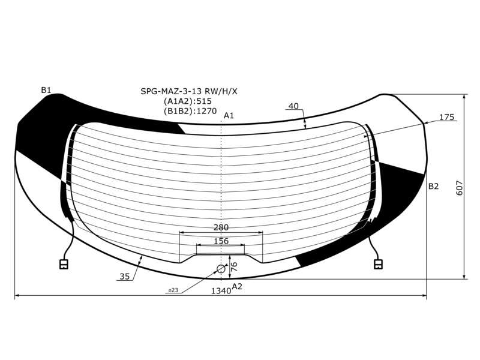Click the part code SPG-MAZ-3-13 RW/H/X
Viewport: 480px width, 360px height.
(188, 91)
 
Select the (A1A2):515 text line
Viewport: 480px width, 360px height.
(188, 101)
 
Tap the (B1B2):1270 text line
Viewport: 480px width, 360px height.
(190, 111)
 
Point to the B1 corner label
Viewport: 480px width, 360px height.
(46, 90)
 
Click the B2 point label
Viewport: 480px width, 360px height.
(433, 186)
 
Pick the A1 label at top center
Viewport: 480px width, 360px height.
(229, 115)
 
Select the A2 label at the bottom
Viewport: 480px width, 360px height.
(237, 286)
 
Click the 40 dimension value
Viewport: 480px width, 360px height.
(293, 106)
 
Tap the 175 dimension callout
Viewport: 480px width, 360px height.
(447, 117)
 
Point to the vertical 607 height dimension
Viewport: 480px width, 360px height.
(460, 188)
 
